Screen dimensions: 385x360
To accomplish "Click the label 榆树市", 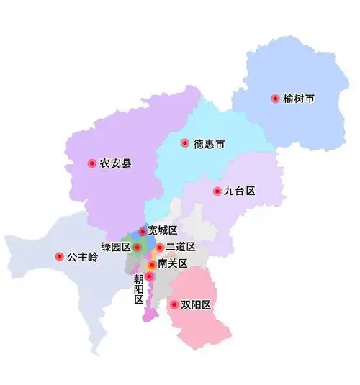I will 299,99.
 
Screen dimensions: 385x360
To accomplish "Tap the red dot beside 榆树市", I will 274,99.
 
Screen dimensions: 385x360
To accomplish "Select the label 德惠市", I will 209,144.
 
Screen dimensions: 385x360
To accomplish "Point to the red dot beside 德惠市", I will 185,143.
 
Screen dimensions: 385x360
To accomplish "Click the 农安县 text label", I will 115,163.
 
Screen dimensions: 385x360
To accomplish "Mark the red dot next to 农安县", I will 92,163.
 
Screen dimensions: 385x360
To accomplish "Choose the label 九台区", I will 240,191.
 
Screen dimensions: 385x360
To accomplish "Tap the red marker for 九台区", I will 217,191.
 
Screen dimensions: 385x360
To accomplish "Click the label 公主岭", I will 82,256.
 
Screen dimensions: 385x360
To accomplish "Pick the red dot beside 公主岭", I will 59,256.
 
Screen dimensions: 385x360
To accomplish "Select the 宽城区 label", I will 162,231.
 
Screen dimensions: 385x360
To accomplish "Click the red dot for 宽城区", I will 142,232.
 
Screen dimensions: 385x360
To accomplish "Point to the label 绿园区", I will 115,247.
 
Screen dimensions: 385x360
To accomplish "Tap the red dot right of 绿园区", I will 138,248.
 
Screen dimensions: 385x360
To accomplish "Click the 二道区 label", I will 180,248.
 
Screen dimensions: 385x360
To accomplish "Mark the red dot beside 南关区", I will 152,265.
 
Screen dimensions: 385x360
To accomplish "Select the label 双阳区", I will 196,305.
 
